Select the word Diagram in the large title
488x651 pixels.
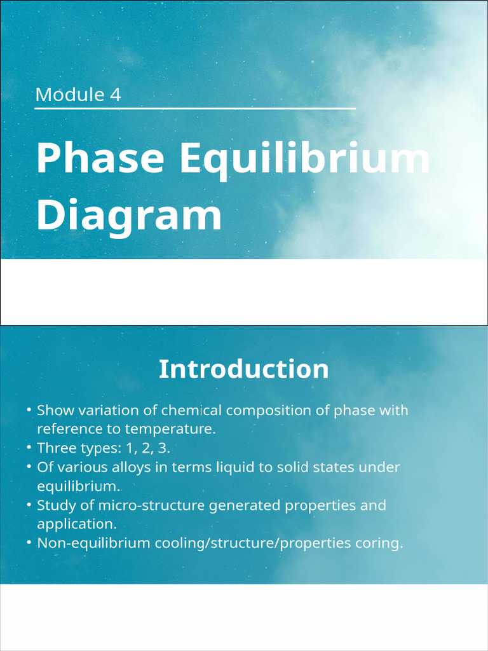click(x=129, y=215)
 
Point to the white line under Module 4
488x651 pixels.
click(x=194, y=109)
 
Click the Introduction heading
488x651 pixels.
click(x=243, y=369)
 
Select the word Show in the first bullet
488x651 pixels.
click(x=55, y=410)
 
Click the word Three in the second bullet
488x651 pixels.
click(x=56, y=448)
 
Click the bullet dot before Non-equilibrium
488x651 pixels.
click(x=29, y=544)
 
